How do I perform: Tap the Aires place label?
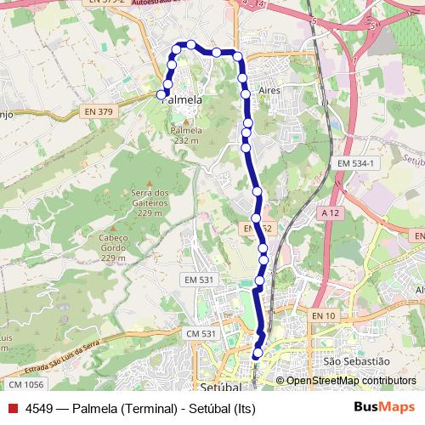pyautogui.click(x=268, y=88)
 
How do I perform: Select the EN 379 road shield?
pyautogui.click(x=99, y=111)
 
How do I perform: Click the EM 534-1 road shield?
pyautogui.click(x=356, y=162)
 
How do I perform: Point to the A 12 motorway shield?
pyautogui.click(x=331, y=210)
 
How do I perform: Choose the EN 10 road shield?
pyautogui.click(x=325, y=316)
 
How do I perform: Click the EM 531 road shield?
pyautogui.click(x=201, y=280)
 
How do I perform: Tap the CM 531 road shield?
pyautogui.click(x=201, y=334)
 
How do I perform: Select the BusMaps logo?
pyautogui.click(x=383, y=407)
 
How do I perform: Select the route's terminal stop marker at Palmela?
pyautogui.click(x=161, y=94)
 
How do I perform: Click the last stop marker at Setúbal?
pyautogui.click(x=258, y=352)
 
